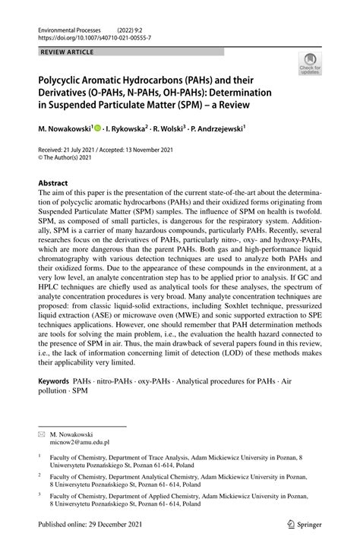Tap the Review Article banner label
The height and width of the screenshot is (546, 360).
pyautogui.click(x=62, y=52)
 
